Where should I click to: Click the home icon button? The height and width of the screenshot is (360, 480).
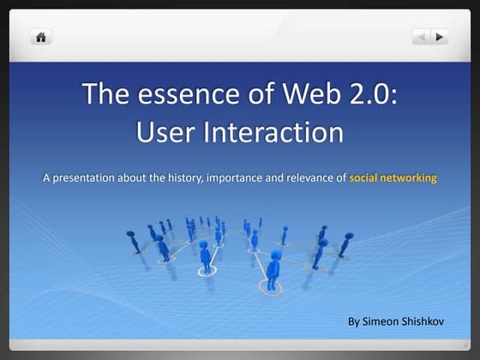[40, 37]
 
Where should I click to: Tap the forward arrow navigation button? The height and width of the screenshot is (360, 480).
[440, 37]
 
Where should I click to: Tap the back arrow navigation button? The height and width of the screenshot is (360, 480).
[421, 37]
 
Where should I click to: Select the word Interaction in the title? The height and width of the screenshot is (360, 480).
[273, 133]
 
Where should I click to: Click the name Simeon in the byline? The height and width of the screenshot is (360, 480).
[382, 322]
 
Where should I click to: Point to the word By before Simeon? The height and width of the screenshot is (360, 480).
[354, 322]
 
